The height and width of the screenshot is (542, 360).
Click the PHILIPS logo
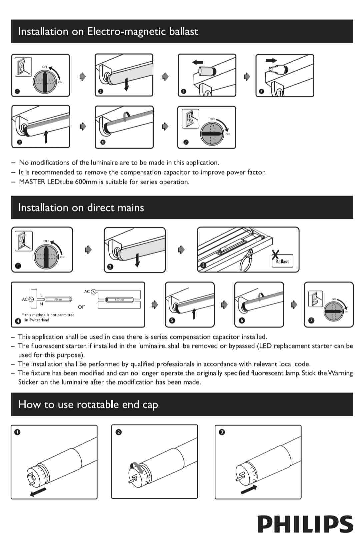pos(305,524)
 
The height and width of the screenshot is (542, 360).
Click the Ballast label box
pos(282,262)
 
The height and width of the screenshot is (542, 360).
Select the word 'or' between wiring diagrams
pos(81,306)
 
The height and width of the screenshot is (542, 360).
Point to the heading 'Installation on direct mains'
pos(81,208)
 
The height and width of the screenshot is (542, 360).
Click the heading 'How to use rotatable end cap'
pos(88,404)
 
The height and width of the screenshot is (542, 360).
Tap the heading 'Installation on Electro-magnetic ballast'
pos(108,31)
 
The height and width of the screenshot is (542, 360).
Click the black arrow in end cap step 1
pos(38,492)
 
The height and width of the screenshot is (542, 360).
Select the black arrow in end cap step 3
pos(249,489)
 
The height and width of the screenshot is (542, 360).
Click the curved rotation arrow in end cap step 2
pos(138,466)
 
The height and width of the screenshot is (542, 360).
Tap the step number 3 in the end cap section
pos(222,432)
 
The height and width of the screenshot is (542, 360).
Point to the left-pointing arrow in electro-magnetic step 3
pos(198,62)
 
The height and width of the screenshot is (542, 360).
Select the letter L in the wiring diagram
pos(41,295)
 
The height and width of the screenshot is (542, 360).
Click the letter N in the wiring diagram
pos(41,304)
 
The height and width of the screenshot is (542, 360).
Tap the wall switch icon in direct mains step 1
pos(23,241)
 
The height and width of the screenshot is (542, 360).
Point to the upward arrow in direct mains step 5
pos(194,313)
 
